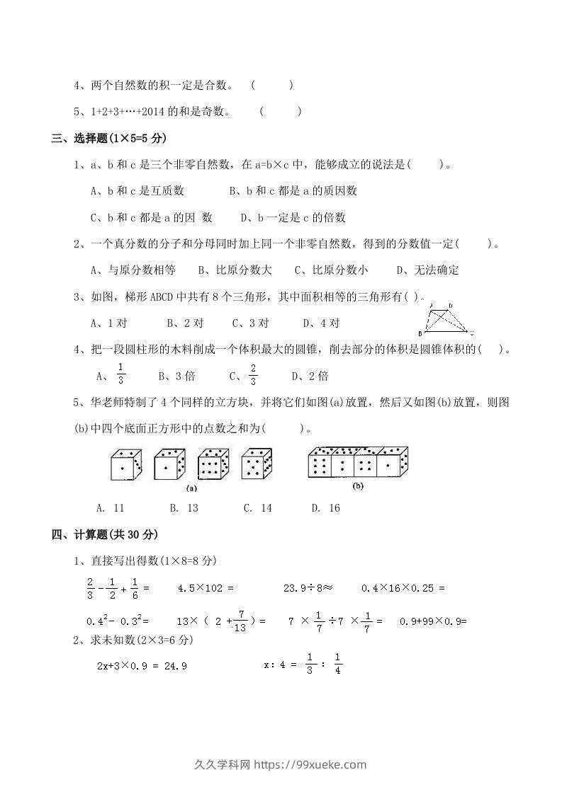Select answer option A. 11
[x=110, y=508]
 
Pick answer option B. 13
[x=184, y=508]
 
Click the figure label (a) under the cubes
[x=191, y=488]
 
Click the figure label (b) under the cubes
[x=358, y=486]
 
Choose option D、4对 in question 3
[x=322, y=323]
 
